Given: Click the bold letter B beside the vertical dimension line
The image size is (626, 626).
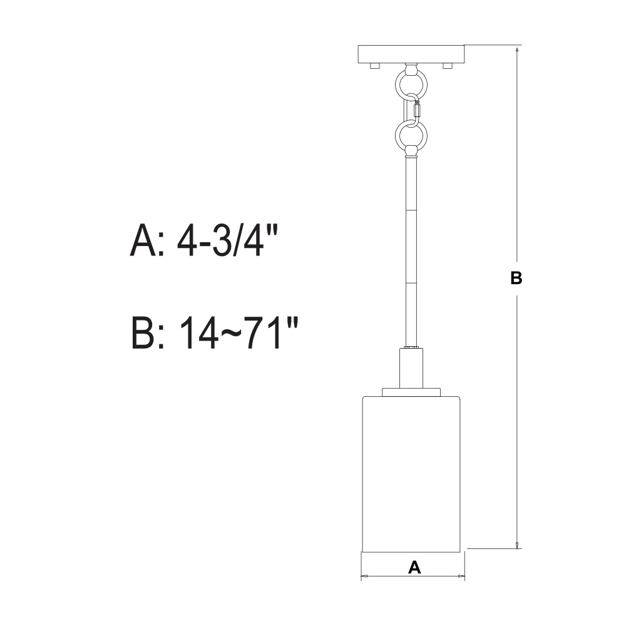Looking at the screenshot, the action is click(x=516, y=278).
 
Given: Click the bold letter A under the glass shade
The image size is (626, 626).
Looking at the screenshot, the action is click(x=414, y=567).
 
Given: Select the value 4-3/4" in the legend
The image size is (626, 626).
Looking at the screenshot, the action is click(x=227, y=241).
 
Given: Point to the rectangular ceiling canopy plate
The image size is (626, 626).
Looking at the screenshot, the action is click(x=412, y=54).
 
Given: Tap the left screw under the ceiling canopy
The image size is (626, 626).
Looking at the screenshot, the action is click(x=375, y=66).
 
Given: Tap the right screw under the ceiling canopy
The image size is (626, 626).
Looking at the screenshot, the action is click(x=447, y=66).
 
